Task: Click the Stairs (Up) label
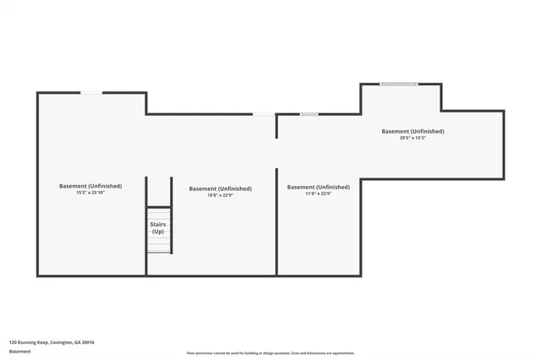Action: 158,227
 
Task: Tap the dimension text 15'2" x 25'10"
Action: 90,193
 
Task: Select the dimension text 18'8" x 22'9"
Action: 221,195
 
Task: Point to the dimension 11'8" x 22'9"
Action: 319,194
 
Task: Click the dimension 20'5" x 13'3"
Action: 413,138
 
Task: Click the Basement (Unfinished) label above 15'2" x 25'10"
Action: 90,186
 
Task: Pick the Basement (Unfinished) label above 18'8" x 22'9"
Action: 221,188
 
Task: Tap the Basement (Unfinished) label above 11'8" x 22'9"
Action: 319,187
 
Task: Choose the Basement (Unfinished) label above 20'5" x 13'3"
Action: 413,131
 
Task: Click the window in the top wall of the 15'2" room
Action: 91,93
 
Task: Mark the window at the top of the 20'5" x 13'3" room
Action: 398,84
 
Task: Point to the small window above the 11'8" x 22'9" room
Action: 309,114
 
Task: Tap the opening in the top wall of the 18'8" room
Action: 264,114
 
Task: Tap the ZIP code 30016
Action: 89,342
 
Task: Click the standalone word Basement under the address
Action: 19,352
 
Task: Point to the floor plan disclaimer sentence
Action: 270,353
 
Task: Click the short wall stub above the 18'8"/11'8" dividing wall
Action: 276,126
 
